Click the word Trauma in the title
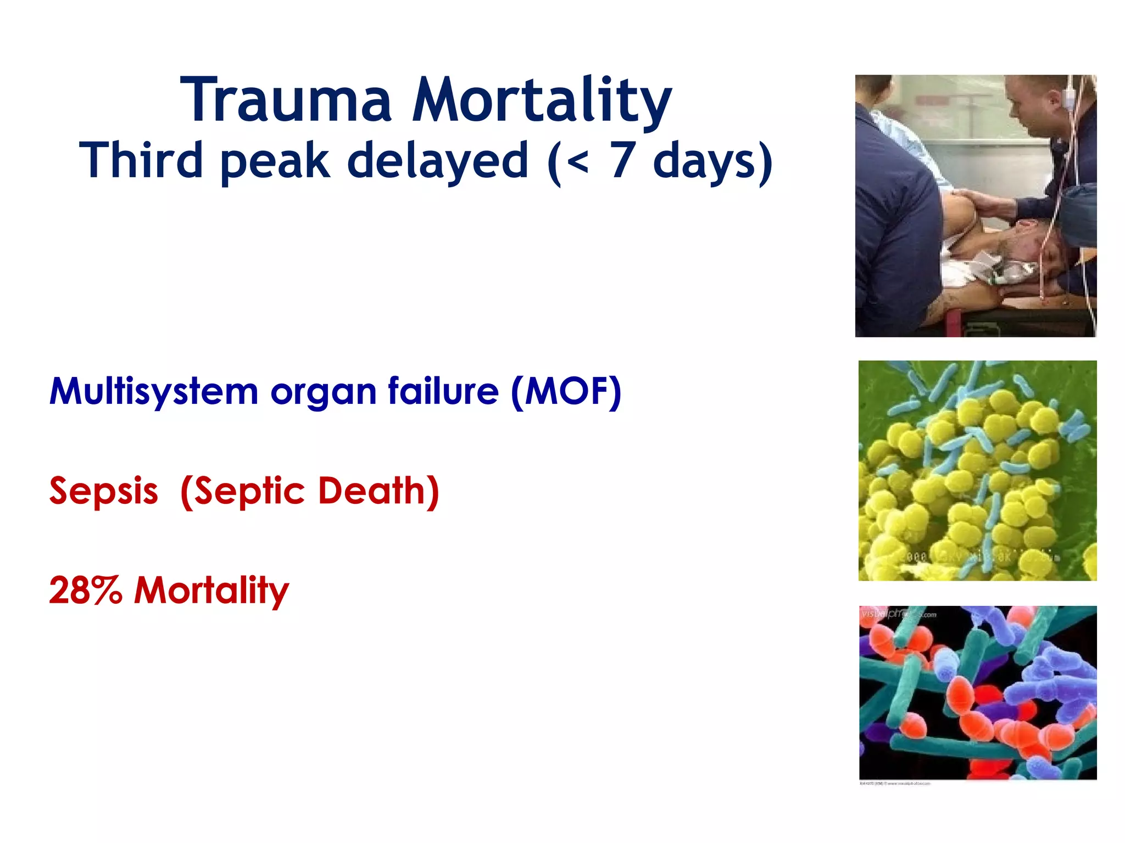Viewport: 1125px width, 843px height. (286, 100)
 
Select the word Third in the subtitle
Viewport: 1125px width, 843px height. (141, 160)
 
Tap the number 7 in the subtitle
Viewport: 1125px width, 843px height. (623, 160)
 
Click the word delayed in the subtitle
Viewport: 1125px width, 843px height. (437, 160)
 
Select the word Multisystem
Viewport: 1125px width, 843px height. (154, 392)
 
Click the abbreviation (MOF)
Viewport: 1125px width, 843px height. (566, 392)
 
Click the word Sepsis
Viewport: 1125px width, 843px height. (104, 492)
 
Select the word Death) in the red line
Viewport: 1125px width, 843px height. (378, 491)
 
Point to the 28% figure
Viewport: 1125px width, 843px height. (85, 591)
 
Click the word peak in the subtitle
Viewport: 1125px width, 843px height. (275, 161)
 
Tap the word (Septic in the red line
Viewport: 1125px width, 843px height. (242, 492)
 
